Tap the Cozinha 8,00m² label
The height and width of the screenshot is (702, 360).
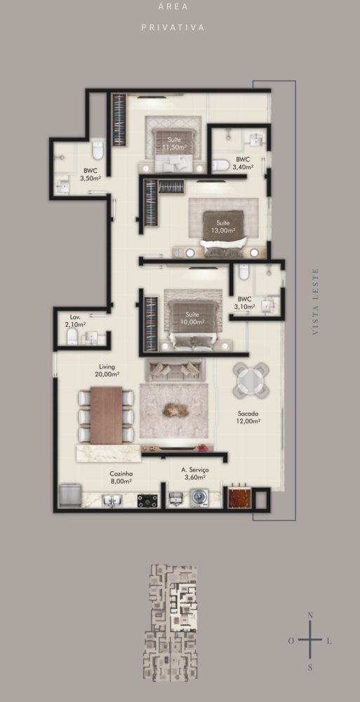121,477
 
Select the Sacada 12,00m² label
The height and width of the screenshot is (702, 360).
249,417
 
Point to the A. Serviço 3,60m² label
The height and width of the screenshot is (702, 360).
195,473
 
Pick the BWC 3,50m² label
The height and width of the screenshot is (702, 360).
90,174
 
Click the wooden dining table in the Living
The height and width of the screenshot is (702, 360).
107,415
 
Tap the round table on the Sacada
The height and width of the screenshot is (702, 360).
251,380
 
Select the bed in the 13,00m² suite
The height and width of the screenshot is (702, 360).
224,233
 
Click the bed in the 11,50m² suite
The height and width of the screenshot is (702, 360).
173,150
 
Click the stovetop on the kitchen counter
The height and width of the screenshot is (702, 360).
148,501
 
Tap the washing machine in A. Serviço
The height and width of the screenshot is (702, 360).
200,498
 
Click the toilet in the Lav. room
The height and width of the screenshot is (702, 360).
73,336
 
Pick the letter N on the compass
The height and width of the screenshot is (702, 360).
310,616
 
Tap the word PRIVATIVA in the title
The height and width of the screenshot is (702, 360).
173,27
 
